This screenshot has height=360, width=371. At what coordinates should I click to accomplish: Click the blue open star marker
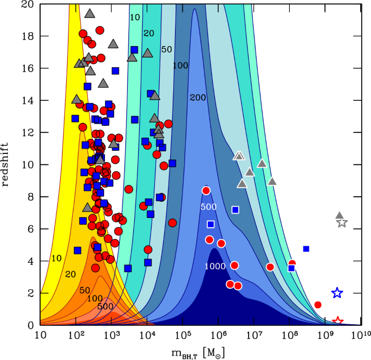coord(337,293)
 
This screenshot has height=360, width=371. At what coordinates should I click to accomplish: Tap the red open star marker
coord(337,321)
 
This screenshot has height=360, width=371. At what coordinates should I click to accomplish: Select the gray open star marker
coord(342,223)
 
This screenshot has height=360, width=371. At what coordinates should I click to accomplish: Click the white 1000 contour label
coord(215,266)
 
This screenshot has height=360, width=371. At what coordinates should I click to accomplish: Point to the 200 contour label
coord(198,98)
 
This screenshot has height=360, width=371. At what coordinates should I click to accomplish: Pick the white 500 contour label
coord(209,207)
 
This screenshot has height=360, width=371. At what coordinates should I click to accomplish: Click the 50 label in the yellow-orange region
coord(84,291)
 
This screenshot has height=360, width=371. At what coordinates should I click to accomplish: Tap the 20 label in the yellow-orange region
coord(70,274)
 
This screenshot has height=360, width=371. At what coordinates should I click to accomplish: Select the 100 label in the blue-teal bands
coord(180,66)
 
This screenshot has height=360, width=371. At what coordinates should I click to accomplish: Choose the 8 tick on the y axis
coord(31,197)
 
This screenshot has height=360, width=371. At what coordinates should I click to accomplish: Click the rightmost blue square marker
coord(306,248)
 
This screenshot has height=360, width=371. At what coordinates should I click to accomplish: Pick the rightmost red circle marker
coord(318,305)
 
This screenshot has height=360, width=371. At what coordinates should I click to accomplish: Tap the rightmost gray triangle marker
coord(340,215)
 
